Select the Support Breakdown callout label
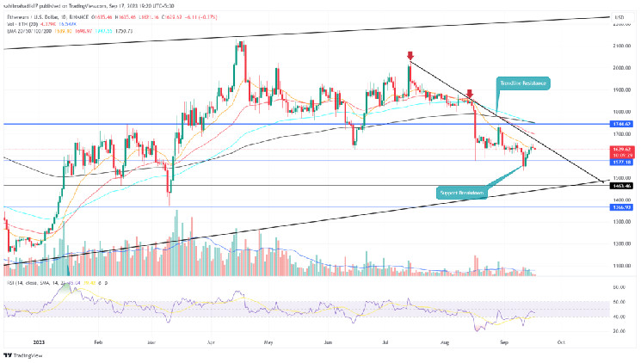[461, 194]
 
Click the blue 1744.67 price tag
[623, 124]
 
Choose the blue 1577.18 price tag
[623, 161]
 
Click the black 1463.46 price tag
[623, 185]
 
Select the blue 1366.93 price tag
[623, 206]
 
